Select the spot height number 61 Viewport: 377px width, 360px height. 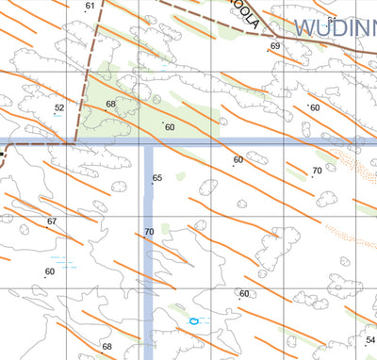coord(90,7)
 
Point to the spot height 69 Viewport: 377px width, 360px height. coord(275,46)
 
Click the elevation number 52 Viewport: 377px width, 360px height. coord(59,108)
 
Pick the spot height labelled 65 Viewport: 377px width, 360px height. coord(157,178)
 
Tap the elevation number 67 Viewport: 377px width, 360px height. coord(52,221)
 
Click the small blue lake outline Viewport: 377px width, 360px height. coord(194,321)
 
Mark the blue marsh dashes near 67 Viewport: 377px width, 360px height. coord(62,260)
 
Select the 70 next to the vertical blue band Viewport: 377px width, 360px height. coord(149,232)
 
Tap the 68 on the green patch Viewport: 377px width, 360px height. coord(111,104)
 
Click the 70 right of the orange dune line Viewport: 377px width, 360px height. coord(317,171)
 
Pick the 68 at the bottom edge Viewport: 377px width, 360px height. coord(107,347)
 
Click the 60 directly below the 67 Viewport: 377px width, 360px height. coord(50,271)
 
